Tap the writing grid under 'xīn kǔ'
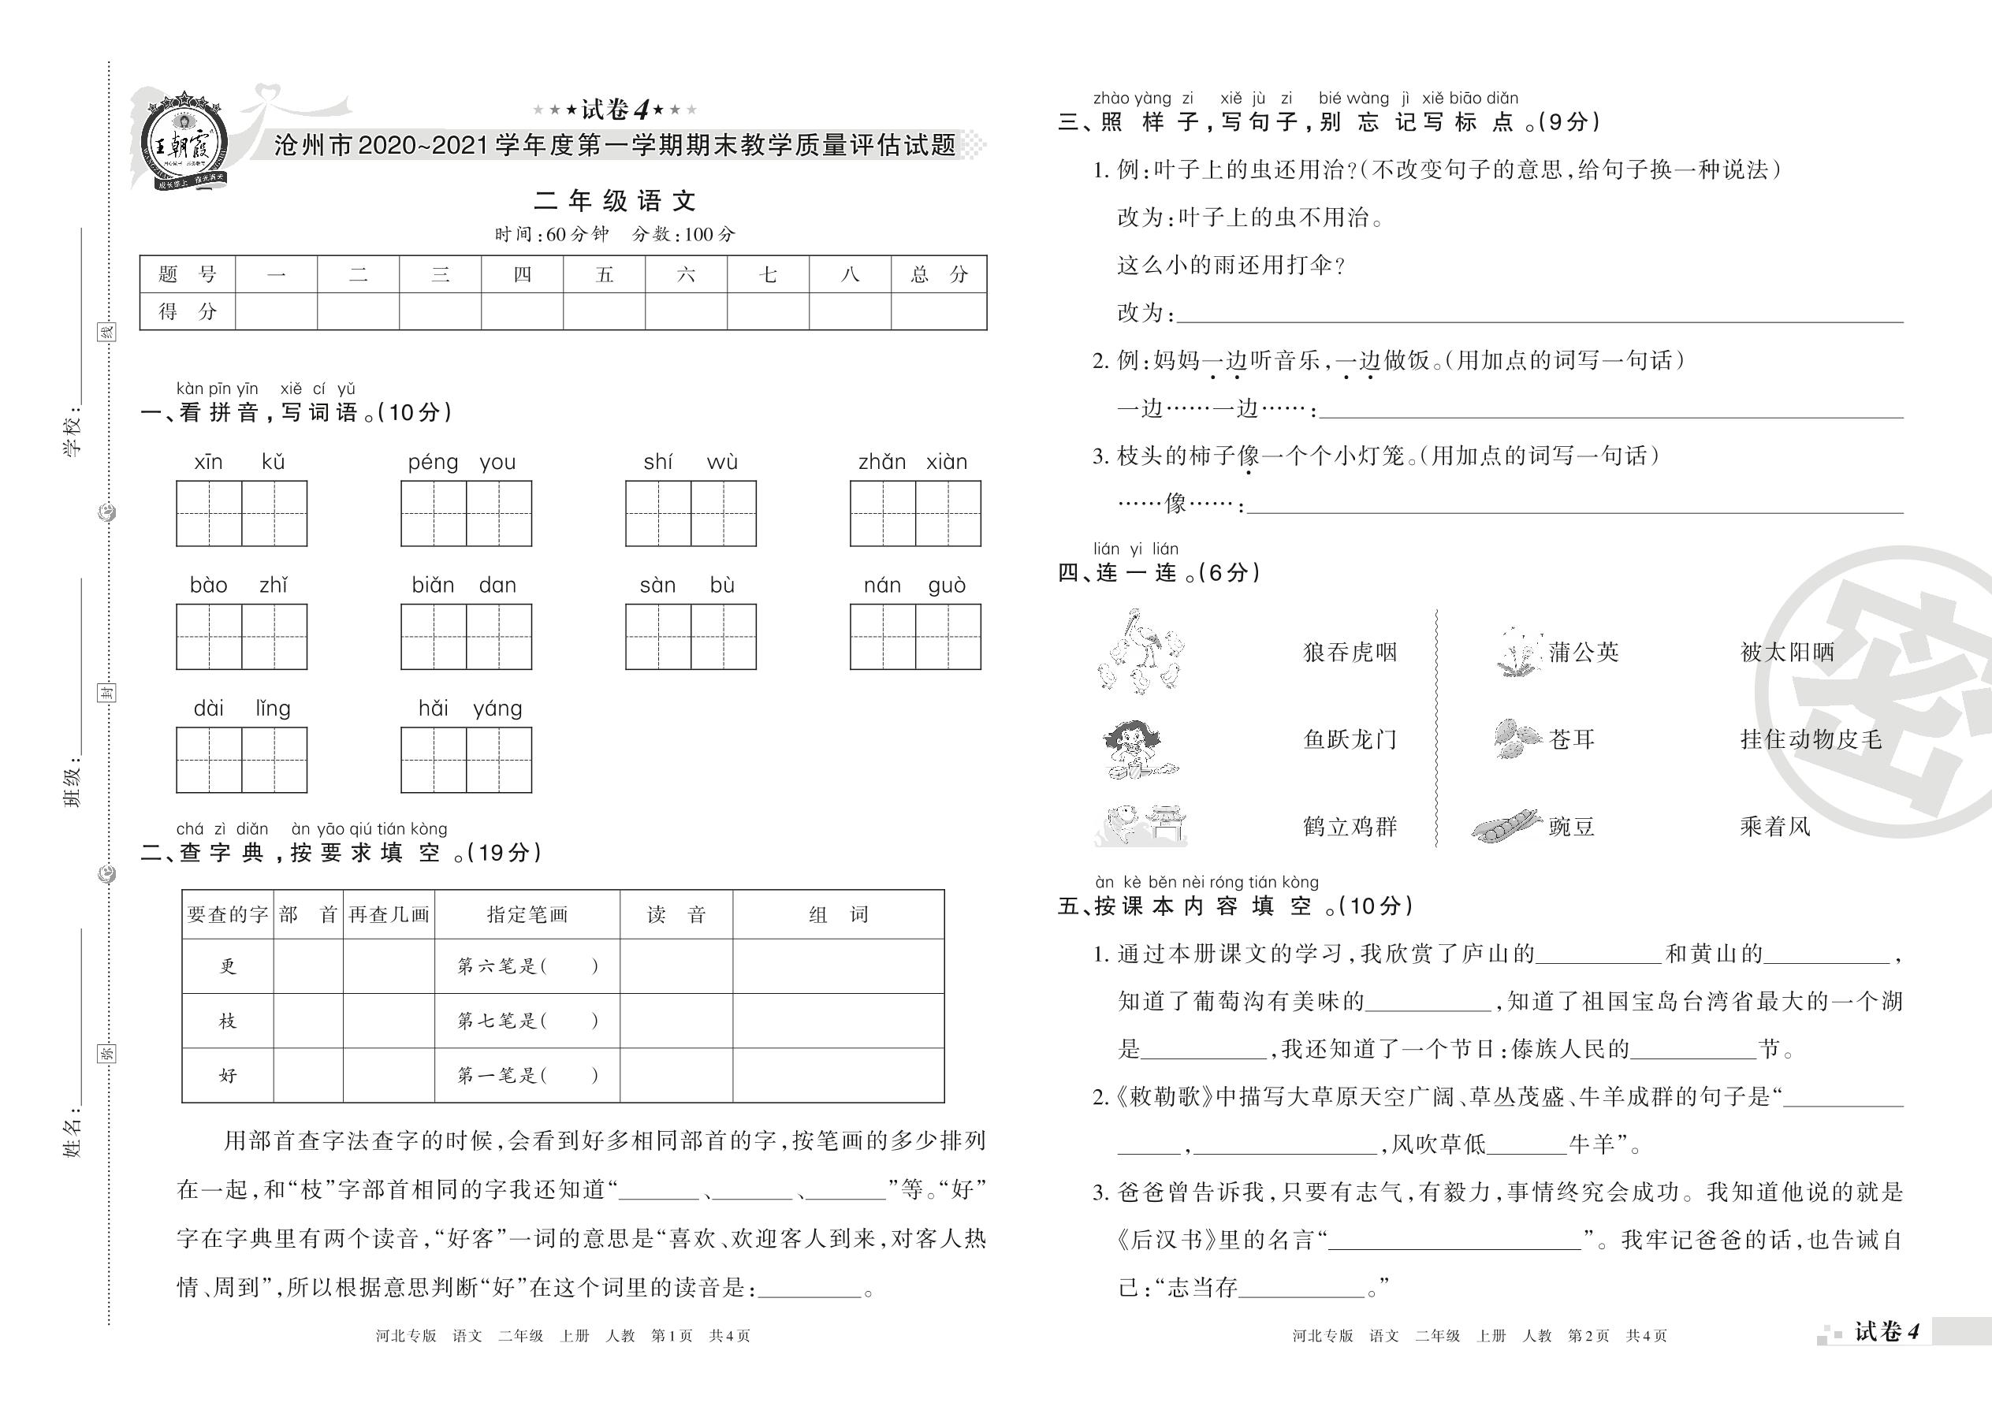pos(241,513)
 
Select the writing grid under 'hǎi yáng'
pos(467,760)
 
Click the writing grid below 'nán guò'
pos(915,636)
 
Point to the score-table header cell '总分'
pos(939,274)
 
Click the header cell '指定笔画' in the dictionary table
pos(527,914)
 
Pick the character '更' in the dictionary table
pos(228,966)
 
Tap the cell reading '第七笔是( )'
pos(527,1021)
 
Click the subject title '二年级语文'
pos(615,202)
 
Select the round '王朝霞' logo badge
pos(184,139)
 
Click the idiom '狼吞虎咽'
pos(1350,652)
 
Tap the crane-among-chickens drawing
pos(1140,652)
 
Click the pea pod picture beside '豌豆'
pos(1506,826)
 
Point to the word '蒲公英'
pos(1584,652)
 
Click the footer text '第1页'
pos(672,1335)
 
